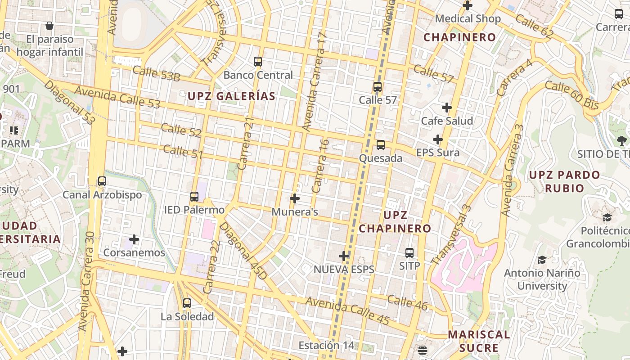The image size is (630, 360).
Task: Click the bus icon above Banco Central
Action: click(x=258, y=62)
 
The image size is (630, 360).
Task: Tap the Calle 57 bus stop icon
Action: click(x=378, y=87)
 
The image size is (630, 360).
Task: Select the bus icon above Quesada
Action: click(x=381, y=145)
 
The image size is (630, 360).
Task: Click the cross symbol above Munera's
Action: click(x=295, y=198)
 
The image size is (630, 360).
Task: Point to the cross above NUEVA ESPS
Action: click(x=344, y=256)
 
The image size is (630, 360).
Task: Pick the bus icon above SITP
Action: click(x=409, y=253)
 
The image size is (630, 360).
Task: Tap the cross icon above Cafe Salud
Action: click(x=447, y=108)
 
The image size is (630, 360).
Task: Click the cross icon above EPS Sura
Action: click(x=438, y=139)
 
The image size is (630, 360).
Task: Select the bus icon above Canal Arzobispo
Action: click(x=102, y=181)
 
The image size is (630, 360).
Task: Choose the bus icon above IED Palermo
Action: click(x=194, y=197)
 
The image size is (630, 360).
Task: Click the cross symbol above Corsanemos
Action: click(x=134, y=239)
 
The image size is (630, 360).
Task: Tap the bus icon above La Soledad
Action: click(x=187, y=303)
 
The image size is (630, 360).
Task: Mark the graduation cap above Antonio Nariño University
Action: click(x=542, y=260)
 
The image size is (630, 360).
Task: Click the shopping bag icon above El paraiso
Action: click(x=49, y=26)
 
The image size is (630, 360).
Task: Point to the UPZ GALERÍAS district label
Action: click(x=231, y=96)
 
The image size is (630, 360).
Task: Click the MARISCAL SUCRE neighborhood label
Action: click(x=479, y=341)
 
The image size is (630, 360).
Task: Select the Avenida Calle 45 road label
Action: click(x=347, y=310)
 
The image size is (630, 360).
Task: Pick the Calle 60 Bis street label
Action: click(x=572, y=95)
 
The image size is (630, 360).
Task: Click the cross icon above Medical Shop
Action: click(x=468, y=5)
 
